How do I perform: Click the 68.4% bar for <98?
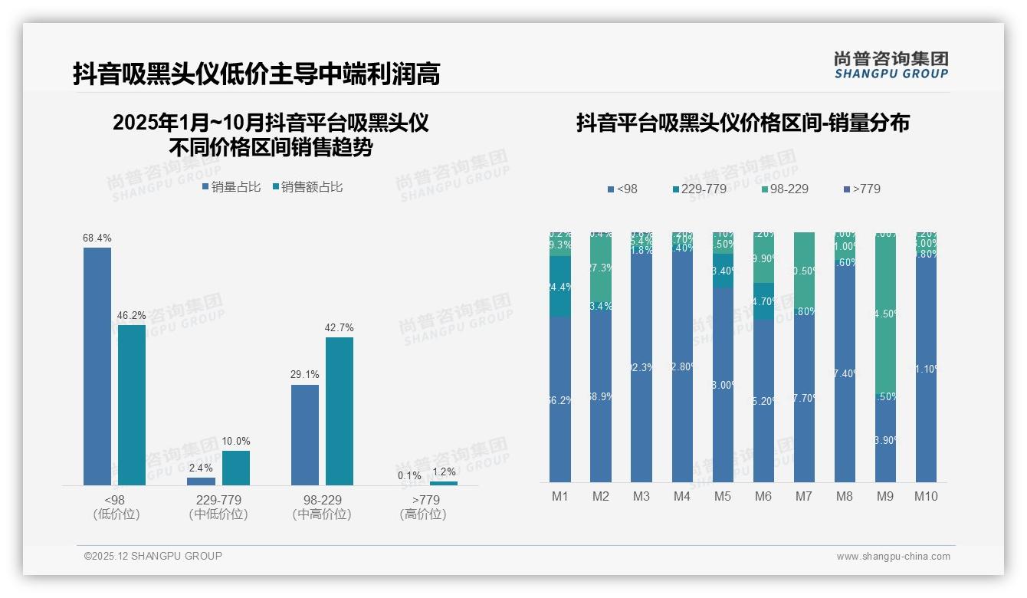[97, 366]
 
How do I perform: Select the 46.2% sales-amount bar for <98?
[132, 405]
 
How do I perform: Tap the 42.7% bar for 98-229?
[340, 411]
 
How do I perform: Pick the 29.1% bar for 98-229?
[305, 435]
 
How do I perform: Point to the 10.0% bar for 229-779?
[236, 468]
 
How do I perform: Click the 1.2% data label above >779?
[444, 472]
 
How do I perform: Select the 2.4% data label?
[201, 468]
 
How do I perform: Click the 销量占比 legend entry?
[231, 187]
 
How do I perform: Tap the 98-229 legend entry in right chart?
[785, 189]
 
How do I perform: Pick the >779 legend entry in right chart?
[861, 189]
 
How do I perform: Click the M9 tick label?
[884, 497]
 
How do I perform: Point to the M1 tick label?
[560, 497]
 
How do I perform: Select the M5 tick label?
[722, 497]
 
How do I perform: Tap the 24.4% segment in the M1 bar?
[560, 287]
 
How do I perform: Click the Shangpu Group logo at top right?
[891, 65]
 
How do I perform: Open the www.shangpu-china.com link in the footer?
[893, 557]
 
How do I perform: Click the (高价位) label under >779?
[423, 514]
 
